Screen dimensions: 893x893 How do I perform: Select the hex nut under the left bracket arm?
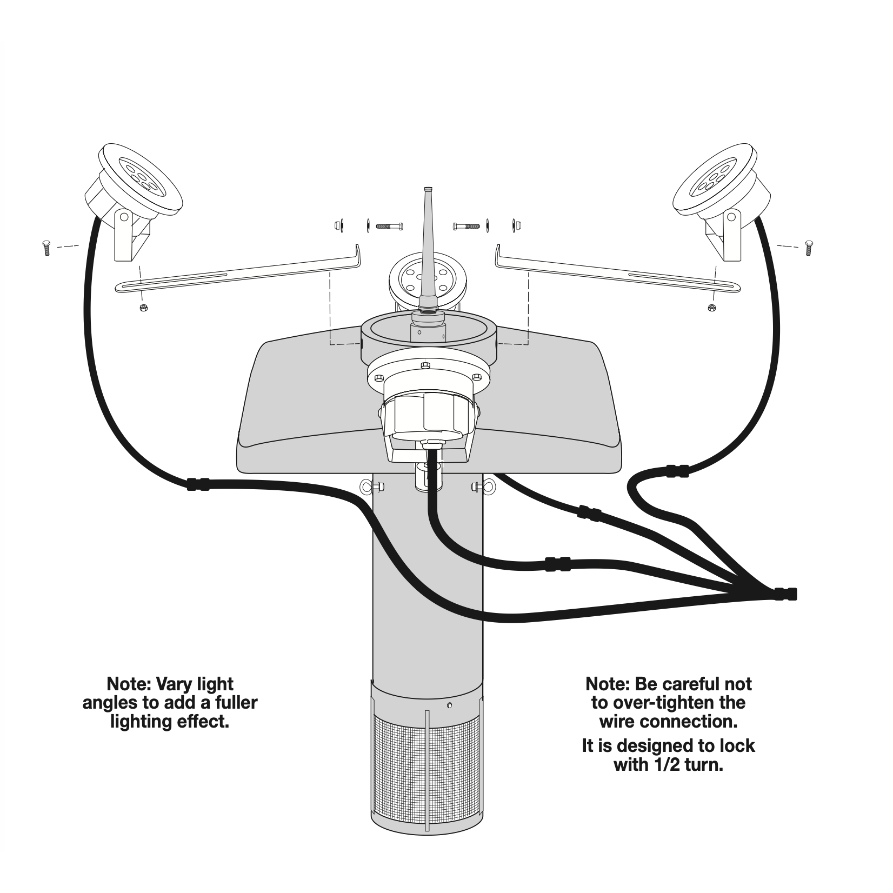pyautogui.click(x=143, y=308)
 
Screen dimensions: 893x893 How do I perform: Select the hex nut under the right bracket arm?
pyautogui.click(x=711, y=308)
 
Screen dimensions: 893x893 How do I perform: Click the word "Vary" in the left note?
pyautogui.click(x=174, y=684)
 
